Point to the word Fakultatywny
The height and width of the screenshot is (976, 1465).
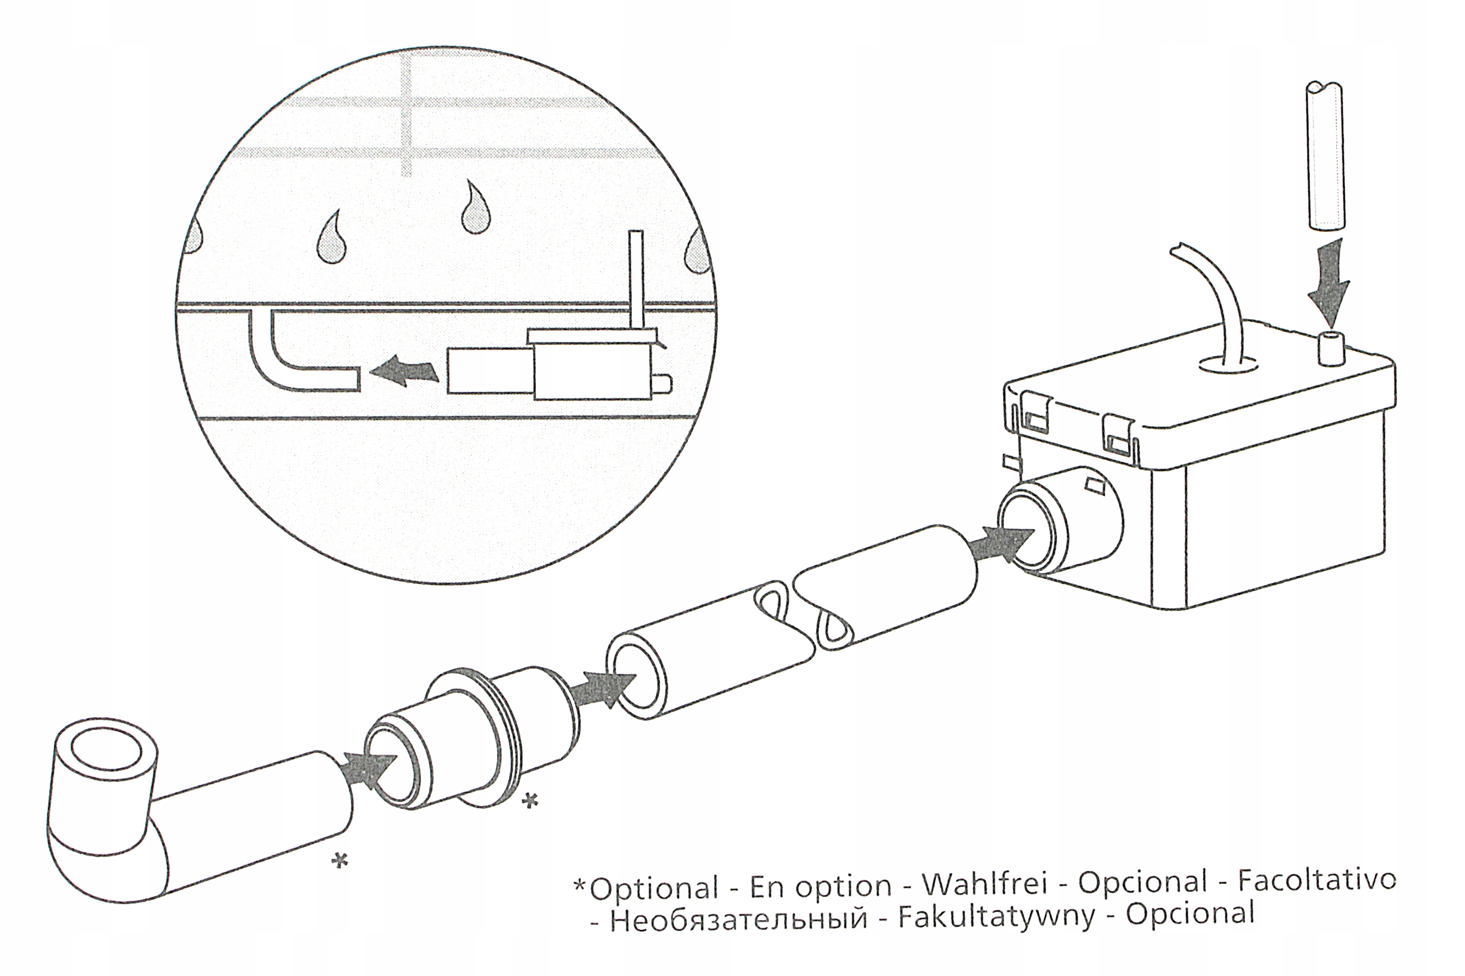tap(996, 917)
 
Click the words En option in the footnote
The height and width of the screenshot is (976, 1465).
tap(820, 886)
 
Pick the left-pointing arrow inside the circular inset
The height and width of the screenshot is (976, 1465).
tap(405, 372)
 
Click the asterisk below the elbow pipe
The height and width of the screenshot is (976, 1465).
tap(339, 861)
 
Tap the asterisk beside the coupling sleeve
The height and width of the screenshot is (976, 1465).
tap(530, 800)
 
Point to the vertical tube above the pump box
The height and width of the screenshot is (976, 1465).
tap(1327, 165)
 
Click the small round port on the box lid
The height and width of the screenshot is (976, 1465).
tap(1331, 348)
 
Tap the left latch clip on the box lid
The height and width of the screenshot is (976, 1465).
tap(1035, 412)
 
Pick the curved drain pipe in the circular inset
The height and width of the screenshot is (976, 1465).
tap(286, 361)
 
